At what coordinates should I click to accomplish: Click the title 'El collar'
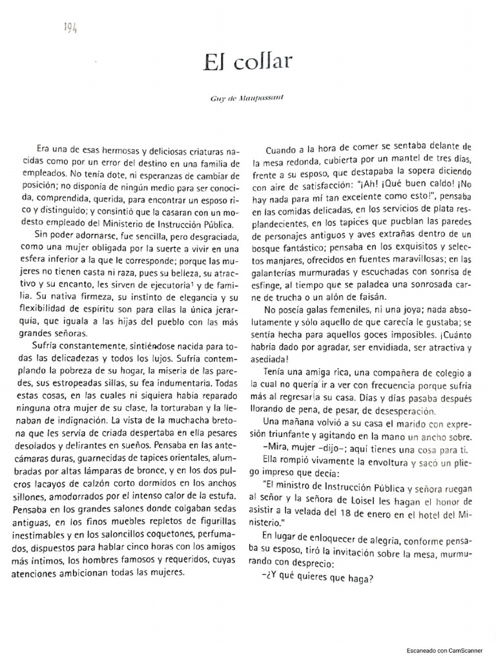248,62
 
